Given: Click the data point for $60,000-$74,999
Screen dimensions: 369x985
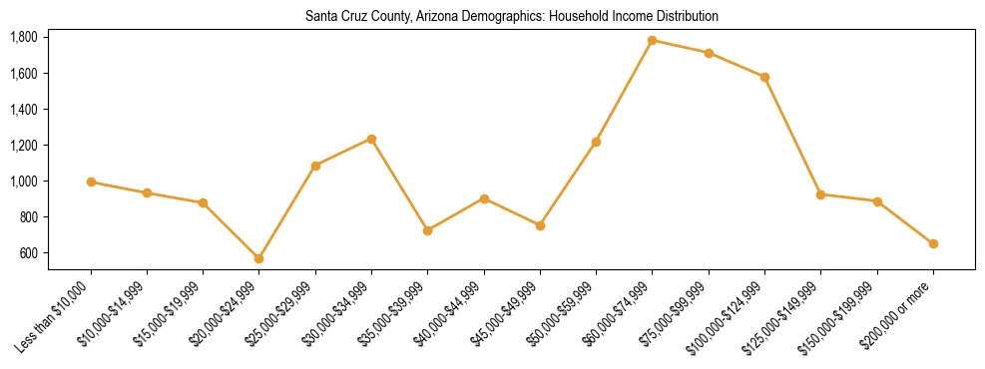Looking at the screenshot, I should (652, 41).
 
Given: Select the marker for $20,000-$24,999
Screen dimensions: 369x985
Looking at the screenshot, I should (258, 258).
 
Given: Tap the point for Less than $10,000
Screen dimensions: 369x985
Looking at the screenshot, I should (91, 182).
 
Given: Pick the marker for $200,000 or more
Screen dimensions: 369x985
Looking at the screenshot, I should (933, 243).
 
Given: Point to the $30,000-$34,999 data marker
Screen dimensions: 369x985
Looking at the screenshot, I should (371, 139).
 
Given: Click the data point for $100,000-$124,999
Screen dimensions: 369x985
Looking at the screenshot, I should (764, 77).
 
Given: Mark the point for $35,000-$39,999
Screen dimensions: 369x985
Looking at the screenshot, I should (427, 230).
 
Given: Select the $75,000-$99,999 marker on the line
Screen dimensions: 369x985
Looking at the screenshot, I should (709, 53).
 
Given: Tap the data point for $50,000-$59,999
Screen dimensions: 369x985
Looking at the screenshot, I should (596, 142).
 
